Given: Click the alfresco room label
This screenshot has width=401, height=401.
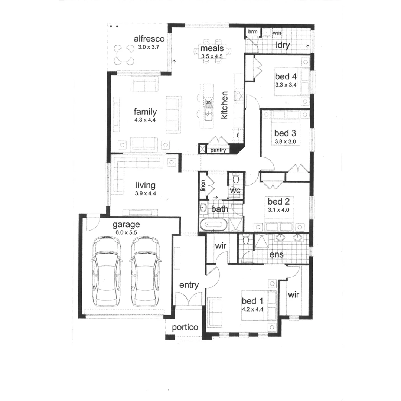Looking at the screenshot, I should [149, 39].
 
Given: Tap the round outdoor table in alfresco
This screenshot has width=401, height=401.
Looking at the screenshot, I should [124, 55].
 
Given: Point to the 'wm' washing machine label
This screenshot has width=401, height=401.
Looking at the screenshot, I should [277, 33].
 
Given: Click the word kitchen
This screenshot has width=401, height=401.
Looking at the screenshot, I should [224, 105].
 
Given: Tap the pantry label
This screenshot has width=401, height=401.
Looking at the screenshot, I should [218, 150].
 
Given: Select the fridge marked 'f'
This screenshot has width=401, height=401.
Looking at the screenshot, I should [237, 136].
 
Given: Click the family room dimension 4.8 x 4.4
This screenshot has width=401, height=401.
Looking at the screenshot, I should [145, 120].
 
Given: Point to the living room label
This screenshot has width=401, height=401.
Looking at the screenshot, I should [145, 185].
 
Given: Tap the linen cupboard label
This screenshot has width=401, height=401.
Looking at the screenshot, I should [203, 185].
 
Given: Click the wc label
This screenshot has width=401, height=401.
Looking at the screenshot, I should [235, 190].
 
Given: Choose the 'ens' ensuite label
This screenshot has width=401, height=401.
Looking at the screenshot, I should [277, 254].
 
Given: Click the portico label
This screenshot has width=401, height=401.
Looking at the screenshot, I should [185, 327].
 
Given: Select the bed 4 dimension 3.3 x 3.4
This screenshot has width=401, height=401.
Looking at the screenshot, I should [286, 85].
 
